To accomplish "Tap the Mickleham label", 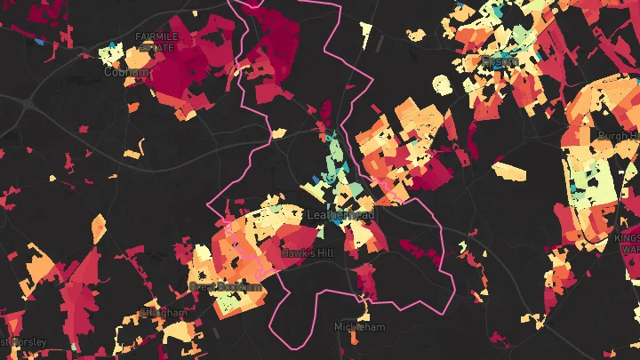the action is coord(360,327).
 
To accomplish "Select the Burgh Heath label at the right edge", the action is coord(618,136).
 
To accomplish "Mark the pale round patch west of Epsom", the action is coord(442,84).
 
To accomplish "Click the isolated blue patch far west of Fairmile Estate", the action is coord(40,41).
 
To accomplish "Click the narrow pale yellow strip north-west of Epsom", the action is coord(365,35).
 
